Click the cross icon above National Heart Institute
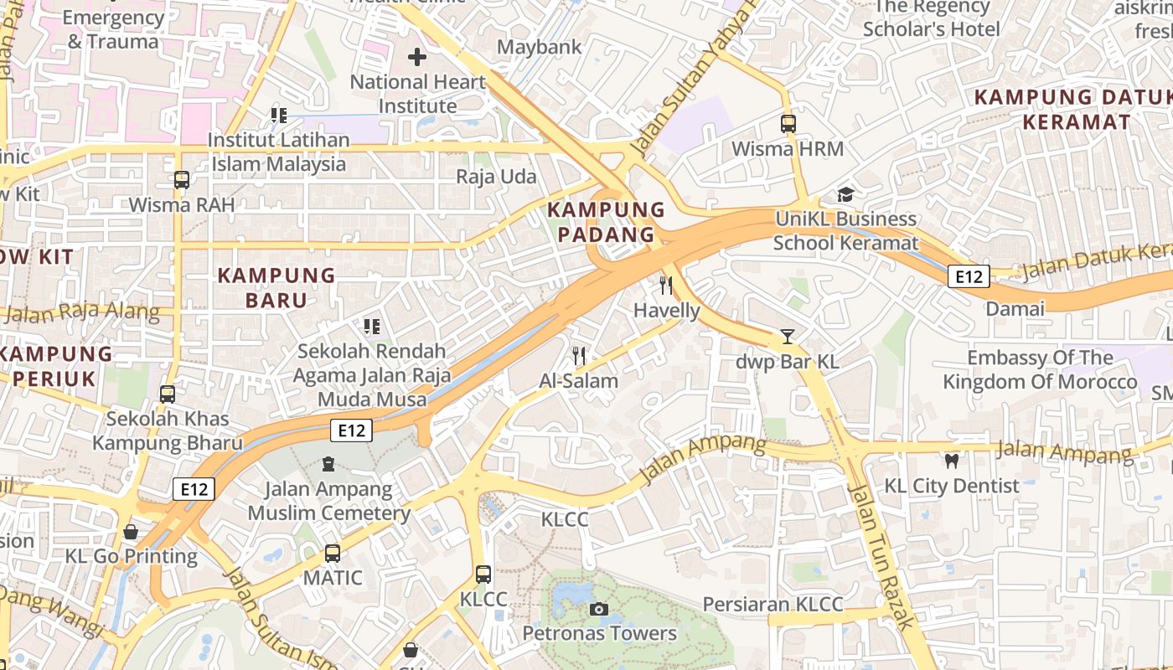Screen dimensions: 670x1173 pyautogui.click(x=416, y=57)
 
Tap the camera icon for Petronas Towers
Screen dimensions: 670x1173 pyautogui.click(x=599, y=609)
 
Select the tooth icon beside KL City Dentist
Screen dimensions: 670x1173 pyautogui.click(x=951, y=461)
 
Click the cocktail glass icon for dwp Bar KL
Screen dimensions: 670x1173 pyautogui.click(x=788, y=337)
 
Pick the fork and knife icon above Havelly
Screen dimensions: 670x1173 pyautogui.click(x=666, y=286)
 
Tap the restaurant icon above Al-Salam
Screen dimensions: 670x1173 pyautogui.click(x=578, y=356)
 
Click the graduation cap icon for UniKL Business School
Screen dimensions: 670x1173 pyautogui.click(x=846, y=194)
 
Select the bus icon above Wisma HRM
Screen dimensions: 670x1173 pyautogui.click(x=788, y=124)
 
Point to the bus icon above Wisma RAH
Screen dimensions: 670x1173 pyautogui.click(x=182, y=179)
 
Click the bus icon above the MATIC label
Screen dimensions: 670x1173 pyautogui.click(x=333, y=553)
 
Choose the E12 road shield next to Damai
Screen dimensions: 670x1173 pyautogui.click(x=969, y=276)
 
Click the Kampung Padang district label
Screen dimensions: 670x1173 pyautogui.click(x=607, y=222)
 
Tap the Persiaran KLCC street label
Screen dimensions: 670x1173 pyautogui.click(x=773, y=604)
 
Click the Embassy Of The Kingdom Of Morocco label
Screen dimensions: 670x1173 pyautogui.click(x=1040, y=369)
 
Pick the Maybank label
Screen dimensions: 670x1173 pyautogui.click(x=539, y=47)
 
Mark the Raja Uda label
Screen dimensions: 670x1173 pyautogui.click(x=496, y=177)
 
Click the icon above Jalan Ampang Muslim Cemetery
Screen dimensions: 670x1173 pyautogui.click(x=328, y=463)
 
